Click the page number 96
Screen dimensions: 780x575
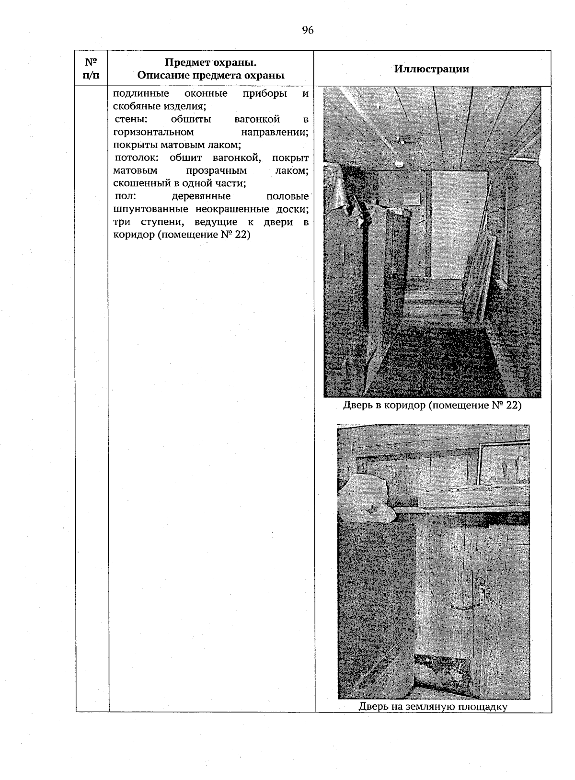coord(308,30)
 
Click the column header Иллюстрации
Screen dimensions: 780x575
coord(431,69)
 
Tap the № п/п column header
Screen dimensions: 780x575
coord(91,69)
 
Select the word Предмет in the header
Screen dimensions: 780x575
coord(184,63)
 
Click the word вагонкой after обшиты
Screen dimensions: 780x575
coord(257,119)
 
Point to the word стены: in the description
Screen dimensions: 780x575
coord(130,119)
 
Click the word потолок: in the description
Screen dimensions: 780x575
coord(135,158)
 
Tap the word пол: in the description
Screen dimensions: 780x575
coord(126,196)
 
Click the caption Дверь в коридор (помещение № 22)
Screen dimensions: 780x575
coord(432,406)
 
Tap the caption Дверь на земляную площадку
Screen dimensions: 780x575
coord(433,706)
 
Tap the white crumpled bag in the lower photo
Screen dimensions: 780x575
coord(365,499)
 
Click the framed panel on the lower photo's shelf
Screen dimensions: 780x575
coord(503,463)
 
